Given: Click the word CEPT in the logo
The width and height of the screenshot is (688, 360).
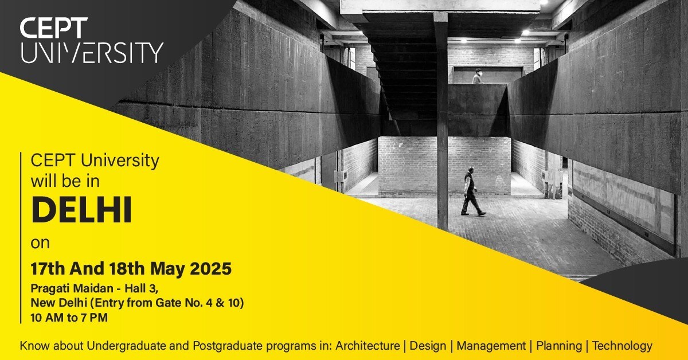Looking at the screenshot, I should coord(54,28).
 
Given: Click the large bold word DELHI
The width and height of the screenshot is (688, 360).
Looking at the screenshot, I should coord(81,210).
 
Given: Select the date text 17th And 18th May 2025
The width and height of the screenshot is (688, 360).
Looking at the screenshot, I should coord(131,268).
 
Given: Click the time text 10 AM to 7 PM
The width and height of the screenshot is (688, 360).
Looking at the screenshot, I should coord(69,316).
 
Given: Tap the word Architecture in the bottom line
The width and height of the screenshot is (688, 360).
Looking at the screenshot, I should coord(368,346).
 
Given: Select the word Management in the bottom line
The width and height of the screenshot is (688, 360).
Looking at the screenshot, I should coord(491,346).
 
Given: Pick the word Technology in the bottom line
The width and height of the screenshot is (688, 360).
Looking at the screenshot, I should coord(622,346).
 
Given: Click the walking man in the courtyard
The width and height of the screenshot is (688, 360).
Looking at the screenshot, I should coord(471,191).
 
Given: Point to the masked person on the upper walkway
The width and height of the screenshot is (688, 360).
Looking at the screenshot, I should coord(477,77).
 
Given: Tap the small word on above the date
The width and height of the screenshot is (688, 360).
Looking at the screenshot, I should coord(40,242).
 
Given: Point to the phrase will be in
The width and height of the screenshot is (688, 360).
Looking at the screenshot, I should coord(65,182).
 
